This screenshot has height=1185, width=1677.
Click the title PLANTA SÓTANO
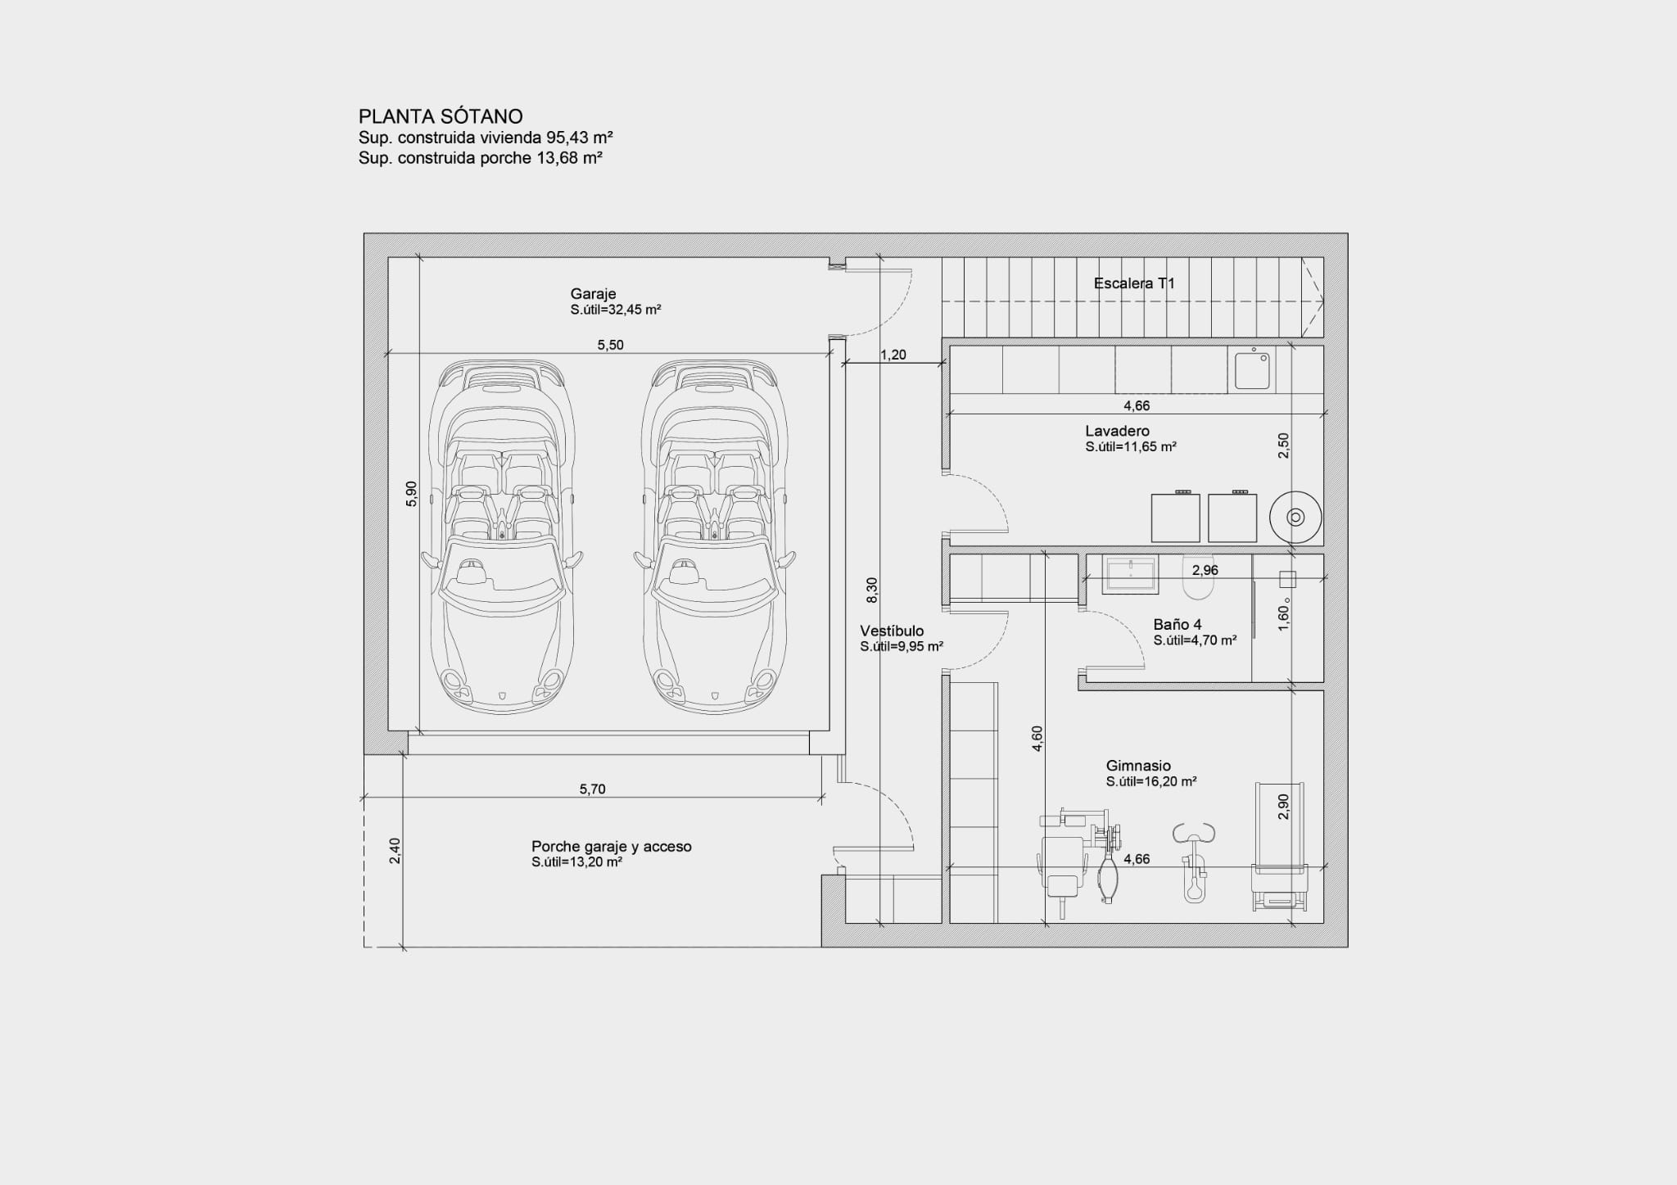[440, 116]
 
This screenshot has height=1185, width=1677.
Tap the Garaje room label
[593, 294]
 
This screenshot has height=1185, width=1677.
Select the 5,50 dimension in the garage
[610, 345]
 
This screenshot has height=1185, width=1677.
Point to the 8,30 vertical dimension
[872, 590]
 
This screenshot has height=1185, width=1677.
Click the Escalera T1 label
[1134, 283]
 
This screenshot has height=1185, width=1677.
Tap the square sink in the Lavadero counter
[1252, 370]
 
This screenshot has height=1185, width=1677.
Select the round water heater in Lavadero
[1295, 517]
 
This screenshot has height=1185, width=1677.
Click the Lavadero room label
[1117, 431]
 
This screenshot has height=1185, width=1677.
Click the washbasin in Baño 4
[1130, 574]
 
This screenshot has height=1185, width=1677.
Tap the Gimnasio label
[1138, 766]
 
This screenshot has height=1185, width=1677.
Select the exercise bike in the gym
[1195, 864]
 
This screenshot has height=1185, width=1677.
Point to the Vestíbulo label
[892, 631]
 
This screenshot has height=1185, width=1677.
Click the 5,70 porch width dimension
[592, 789]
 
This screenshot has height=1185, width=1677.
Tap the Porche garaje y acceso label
[611, 846]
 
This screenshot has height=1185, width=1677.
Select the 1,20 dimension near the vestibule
[893, 355]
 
